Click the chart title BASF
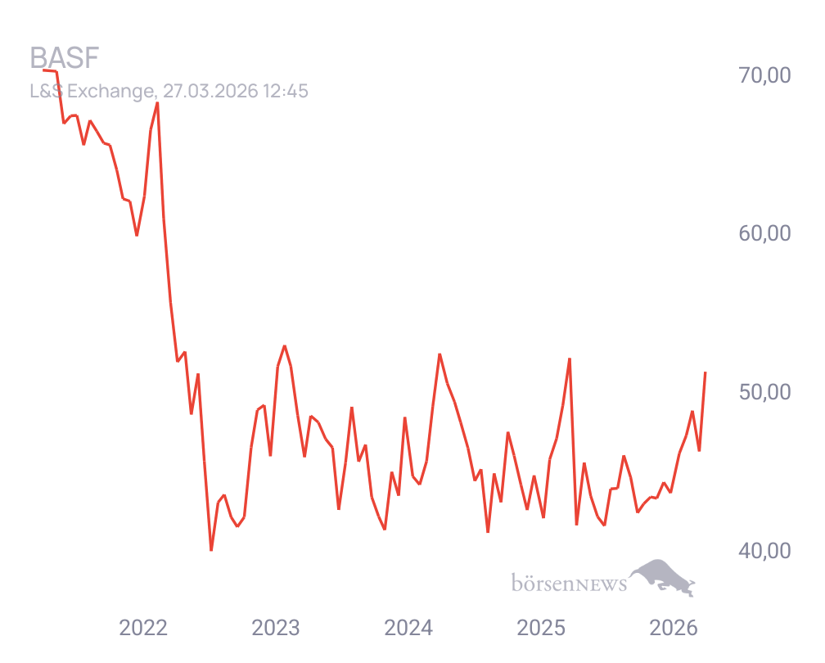(64, 59)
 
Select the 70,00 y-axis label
(765, 75)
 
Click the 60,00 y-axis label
(765, 234)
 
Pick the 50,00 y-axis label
(765, 392)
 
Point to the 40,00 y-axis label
(765, 551)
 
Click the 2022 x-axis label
(143, 629)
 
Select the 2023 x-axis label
(276, 629)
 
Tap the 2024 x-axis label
(408, 629)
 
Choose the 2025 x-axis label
(541, 629)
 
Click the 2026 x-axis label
(674, 629)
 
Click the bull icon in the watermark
(663, 576)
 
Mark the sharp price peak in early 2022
(157, 104)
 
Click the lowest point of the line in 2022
(211, 550)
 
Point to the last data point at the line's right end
(706, 372)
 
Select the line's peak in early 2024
(440, 354)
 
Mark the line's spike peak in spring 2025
(569, 359)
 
